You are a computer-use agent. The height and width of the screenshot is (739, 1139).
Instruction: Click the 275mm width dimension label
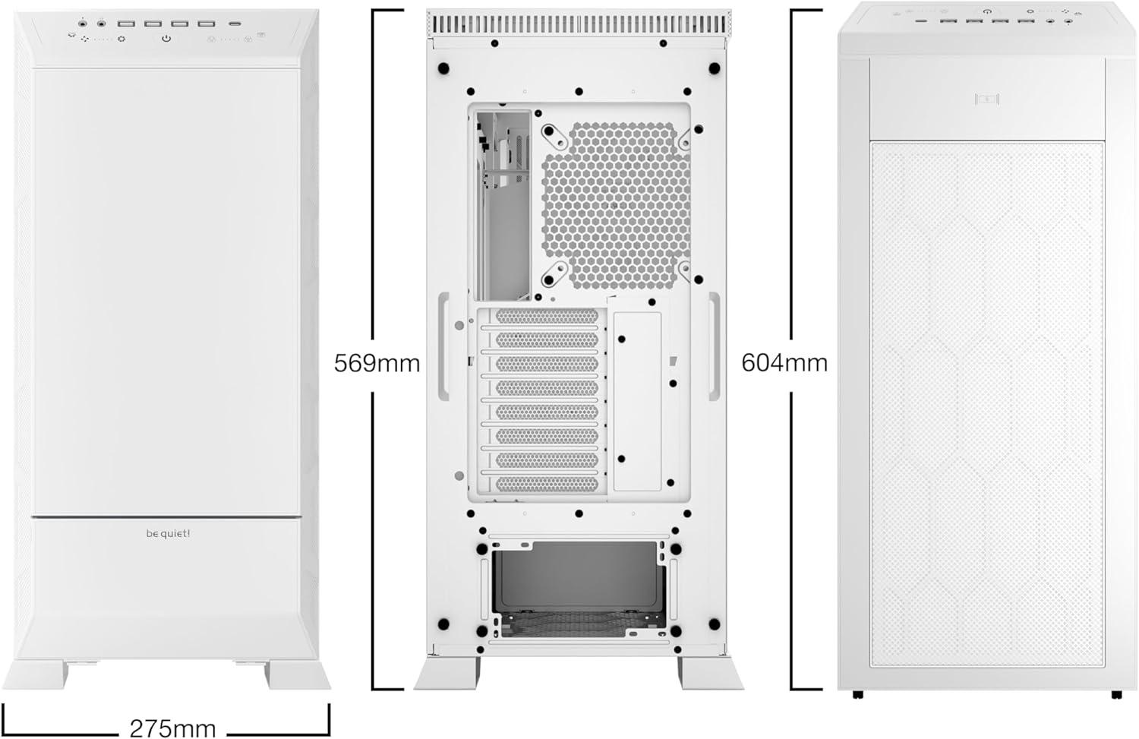pyautogui.click(x=172, y=728)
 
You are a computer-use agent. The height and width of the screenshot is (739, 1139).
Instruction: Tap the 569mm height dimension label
pyautogui.click(x=377, y=363)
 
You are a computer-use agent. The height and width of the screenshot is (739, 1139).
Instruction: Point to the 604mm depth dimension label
pyautogui.click(x=784, y=362)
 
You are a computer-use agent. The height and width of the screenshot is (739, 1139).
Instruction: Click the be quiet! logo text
pyautogui.click(x=168, y=533)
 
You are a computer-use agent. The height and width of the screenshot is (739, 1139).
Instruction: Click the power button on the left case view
pyautogui.click(x=166, y=38)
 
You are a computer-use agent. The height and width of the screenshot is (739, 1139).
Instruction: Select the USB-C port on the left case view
pyautogui.click(x=235, y=24)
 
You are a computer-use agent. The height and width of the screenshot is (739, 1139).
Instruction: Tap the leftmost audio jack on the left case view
pyautogui.click(x=83, y=23)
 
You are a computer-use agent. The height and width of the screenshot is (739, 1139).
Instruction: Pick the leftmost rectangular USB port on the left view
pyautogui.click(x=125, y=24)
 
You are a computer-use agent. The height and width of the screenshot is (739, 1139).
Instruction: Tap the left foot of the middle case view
pyautogui.click(x=446, y=674)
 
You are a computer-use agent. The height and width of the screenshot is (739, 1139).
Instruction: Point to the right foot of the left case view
pyautogui.click(x=298, y=675)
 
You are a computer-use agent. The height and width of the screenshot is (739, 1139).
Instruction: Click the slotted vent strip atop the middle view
pyautogui.click(x=579, y=24)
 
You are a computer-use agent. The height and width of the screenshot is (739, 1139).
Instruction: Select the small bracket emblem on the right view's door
pyautogui.click(x=987, y=99)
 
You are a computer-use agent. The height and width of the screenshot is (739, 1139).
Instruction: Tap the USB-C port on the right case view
pyautogui.click(x=921, y=21)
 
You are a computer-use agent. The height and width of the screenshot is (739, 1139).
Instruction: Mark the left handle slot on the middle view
pyautogui.click(x=443, y=346)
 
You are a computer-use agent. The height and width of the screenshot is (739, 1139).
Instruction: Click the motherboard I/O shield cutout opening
pyautogui.click(x=503, y=205)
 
